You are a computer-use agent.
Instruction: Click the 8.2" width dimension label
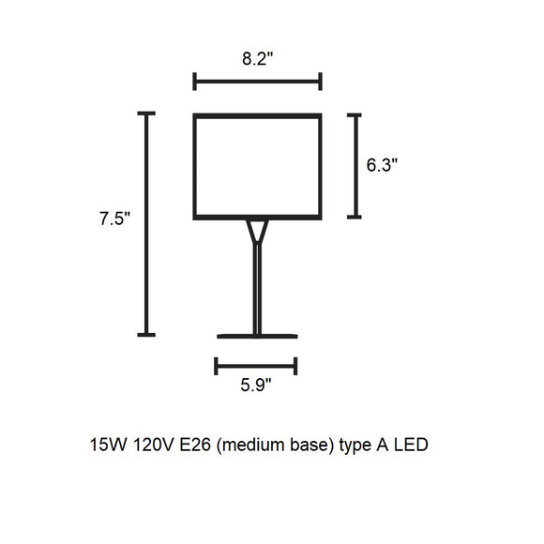[x=258, y=58]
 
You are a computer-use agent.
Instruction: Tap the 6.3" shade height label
[x=382, y=165]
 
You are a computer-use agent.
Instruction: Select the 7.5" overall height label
[x=114, y=219]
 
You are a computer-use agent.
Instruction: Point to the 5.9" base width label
[x=256, y=385]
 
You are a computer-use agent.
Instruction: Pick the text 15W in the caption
[x=108, y=445]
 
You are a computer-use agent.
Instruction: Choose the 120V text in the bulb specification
[x=153, y=445]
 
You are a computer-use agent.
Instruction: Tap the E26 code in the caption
[x=195, y=445]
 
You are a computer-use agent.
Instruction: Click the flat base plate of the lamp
[x=257, y=336]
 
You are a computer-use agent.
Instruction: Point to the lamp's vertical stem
[x=257, y=289]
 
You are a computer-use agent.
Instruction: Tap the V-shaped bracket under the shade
[x=257, y=232]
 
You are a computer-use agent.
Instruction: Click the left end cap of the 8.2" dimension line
[x=195, y=82]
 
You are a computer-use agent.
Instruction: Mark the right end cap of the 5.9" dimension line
[x=295, y=366]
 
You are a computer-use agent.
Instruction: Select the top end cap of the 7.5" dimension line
[x=146, y=113]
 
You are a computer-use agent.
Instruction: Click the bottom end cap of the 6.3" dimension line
[x=355, y=217]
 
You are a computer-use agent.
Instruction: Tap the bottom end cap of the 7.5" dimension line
[x=146, y=335]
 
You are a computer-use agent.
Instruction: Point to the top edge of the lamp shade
[x=257, y=116]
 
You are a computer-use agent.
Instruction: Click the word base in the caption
[x=310, y=445]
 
